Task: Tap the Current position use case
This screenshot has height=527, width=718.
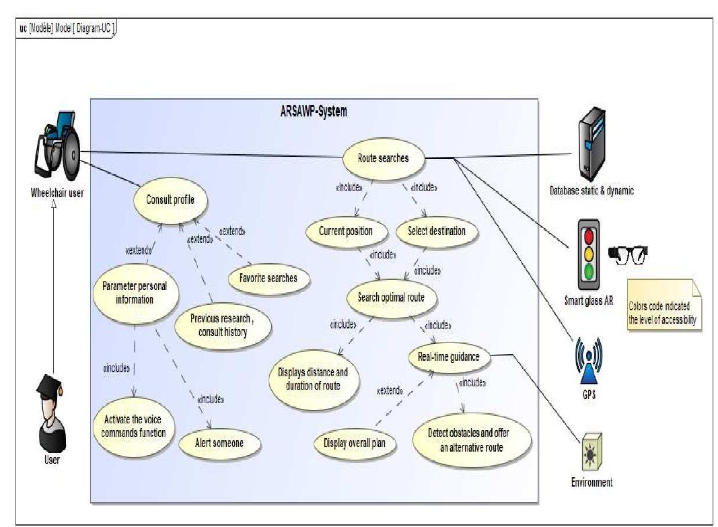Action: (347, 232)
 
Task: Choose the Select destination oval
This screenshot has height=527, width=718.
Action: (436, 232)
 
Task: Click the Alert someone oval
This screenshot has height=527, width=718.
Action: (220, 443)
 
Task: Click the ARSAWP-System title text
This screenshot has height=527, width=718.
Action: (314, 112)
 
